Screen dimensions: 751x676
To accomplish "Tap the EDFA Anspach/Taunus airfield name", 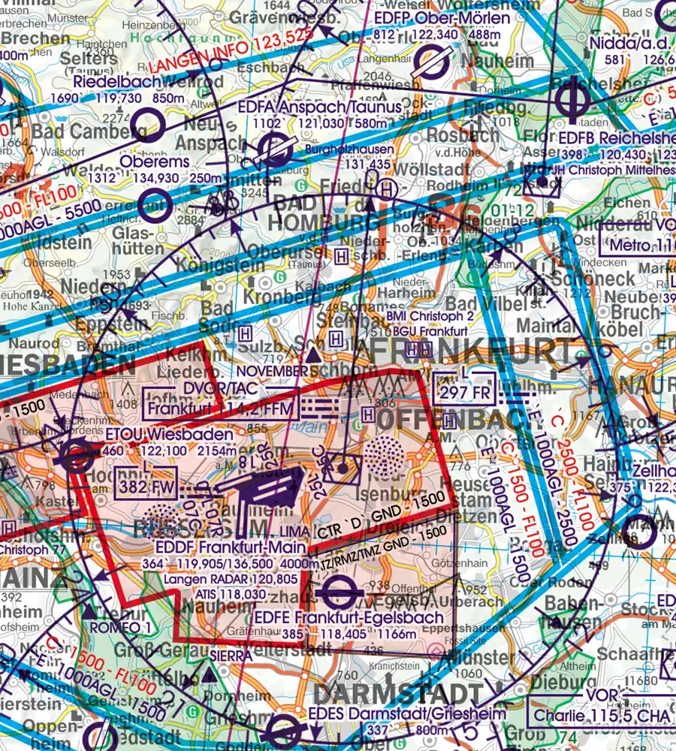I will [x=319, y=107].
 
